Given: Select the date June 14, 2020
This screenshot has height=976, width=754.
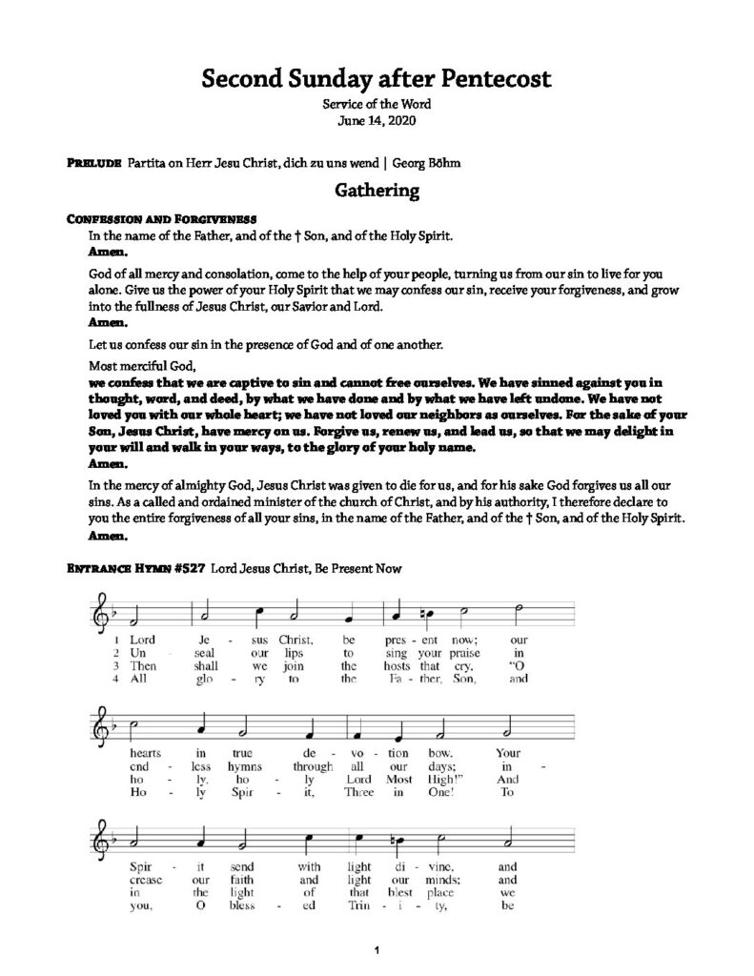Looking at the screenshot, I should (x=377, y=121).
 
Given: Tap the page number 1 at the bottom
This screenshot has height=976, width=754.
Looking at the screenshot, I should (x=377, y=949).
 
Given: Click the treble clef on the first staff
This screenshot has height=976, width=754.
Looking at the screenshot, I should (x=100, y=608).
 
